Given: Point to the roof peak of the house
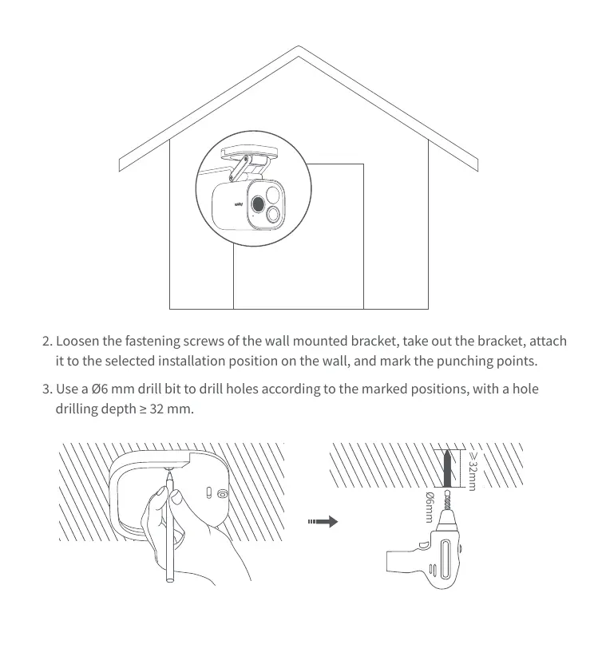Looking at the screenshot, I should (299, 50).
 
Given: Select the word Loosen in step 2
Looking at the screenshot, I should (79, 341).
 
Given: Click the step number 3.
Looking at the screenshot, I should (46, 389).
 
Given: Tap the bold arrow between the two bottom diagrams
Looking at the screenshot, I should (323, 522).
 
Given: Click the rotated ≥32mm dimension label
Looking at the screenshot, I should (472, 469).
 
